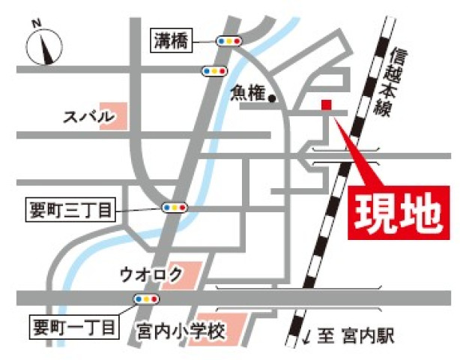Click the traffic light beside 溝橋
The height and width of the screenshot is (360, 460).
(x=228, y=41)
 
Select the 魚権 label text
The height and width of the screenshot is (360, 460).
(x=247, y=92)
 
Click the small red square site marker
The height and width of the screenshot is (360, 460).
(x=326, y=104)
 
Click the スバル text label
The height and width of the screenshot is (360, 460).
(x=88, y=116)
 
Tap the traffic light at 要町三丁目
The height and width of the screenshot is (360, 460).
(x=175, y=207)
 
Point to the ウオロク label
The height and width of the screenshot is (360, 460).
(x=151, y=275)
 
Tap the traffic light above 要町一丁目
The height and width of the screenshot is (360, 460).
(x=145, y=298)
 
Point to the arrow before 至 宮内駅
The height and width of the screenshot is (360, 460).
(x=307, y=334)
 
